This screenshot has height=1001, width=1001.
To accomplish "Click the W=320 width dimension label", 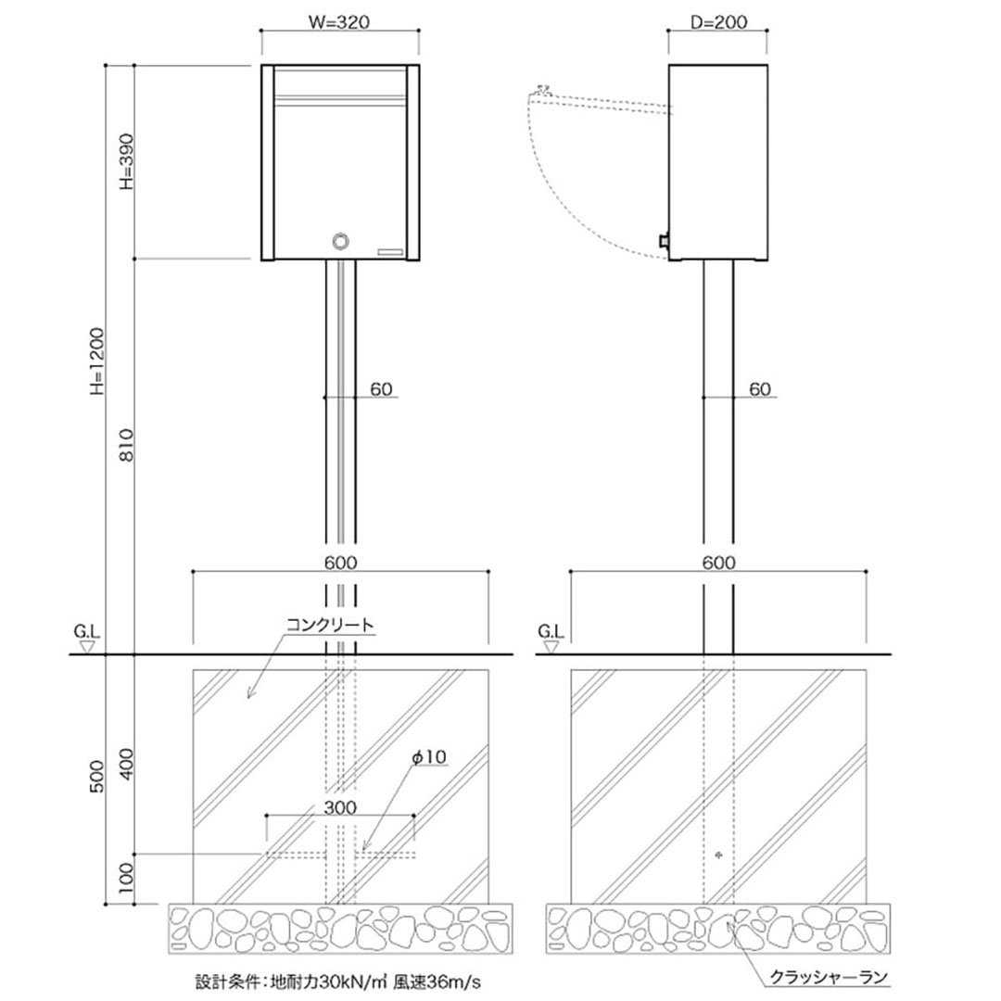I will tap(340, 22).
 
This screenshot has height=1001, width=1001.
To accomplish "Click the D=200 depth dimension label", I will tap(718, 22).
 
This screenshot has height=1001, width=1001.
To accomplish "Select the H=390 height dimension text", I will tap(128, 160).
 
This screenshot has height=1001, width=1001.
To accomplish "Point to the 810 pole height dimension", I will tap(128, 446).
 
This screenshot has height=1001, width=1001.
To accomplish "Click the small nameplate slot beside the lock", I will tap(390, 251).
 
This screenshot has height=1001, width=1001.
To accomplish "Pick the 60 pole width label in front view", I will tap(381, 389).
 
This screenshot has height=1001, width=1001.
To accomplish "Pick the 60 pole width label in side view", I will tap(760, 389).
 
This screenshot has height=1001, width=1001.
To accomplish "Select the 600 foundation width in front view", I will tap(341, 563).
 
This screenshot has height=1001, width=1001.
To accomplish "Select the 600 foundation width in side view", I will tap(718, 563).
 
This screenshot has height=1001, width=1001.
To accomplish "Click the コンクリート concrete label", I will tap(330, 626).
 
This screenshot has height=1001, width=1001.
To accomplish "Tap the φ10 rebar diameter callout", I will tap(429, 757).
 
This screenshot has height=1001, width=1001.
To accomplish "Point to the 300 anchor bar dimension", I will tap(340, 807).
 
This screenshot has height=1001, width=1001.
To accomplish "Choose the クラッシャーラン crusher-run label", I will tap(829, 977).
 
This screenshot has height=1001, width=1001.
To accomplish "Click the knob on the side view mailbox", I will tap(663, 242).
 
